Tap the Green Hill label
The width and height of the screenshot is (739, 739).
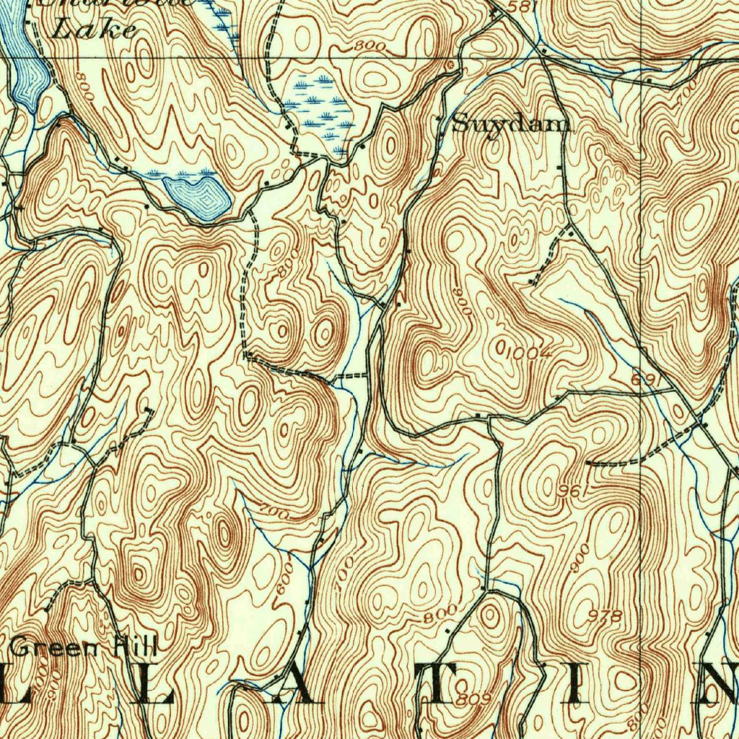point(84,647)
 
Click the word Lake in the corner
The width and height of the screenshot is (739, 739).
point(95,30)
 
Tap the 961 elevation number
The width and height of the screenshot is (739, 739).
point(569,491)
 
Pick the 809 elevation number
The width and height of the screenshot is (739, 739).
point(474,699)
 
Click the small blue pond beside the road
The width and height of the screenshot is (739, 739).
point(197,196)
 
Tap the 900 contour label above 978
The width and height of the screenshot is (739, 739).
point(581,558)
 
